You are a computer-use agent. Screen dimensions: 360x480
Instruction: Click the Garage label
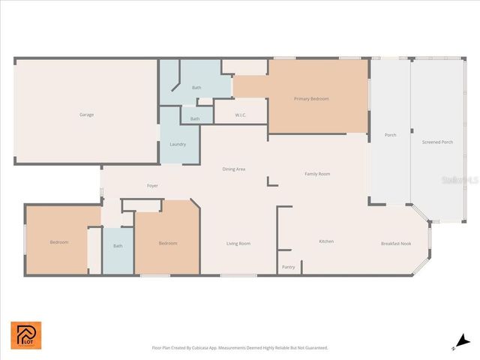[87, 115]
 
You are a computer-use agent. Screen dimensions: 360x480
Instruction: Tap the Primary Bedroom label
[311, 99]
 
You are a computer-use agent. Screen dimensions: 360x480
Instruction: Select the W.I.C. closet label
[241, 115]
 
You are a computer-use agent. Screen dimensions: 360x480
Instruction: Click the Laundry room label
[178, 144]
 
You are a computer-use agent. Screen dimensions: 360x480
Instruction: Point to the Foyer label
[152, 185]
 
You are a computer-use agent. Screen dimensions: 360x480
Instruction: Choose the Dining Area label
[234, 169]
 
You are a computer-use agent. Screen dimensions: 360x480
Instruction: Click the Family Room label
[317, 174]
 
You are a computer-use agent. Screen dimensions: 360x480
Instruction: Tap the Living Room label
[238, 243]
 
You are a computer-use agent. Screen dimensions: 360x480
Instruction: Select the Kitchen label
[326, 241]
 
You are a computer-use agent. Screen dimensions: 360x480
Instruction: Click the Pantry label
[288, 267]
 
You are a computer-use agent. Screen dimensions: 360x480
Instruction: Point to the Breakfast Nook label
[396, 243]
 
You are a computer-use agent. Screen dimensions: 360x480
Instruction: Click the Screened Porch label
[437, 142]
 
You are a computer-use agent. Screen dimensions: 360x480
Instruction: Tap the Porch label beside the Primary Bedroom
[390, 136]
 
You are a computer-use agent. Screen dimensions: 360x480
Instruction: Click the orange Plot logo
[26, 335]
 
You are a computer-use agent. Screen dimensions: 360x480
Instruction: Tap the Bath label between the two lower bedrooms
[118, 246]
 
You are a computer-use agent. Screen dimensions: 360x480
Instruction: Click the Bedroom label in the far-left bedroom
[59, 242]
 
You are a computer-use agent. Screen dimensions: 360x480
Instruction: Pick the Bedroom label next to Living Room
[168, 243]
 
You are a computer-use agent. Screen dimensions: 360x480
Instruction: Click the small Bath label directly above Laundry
[195, 118]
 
